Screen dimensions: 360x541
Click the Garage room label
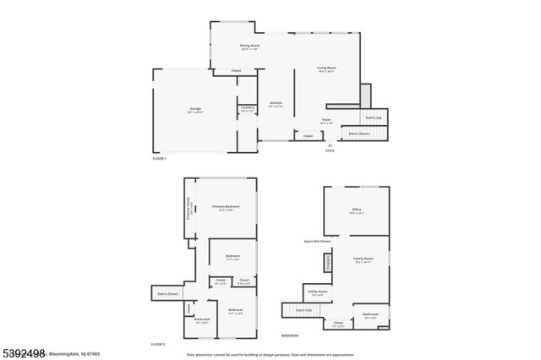195,110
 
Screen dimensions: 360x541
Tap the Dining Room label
249,46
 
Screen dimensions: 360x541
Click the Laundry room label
248,109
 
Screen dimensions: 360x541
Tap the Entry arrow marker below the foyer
330,145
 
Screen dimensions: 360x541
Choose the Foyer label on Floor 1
326,122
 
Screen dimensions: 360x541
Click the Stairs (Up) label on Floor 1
374,117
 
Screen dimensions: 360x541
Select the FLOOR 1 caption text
159,159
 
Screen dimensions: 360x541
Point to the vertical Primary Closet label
189,208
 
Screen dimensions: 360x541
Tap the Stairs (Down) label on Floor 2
167,294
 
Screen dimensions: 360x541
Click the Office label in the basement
356,210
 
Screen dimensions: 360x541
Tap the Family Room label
363,260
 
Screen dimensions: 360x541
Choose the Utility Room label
318,292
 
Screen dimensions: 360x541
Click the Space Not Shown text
317,241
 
